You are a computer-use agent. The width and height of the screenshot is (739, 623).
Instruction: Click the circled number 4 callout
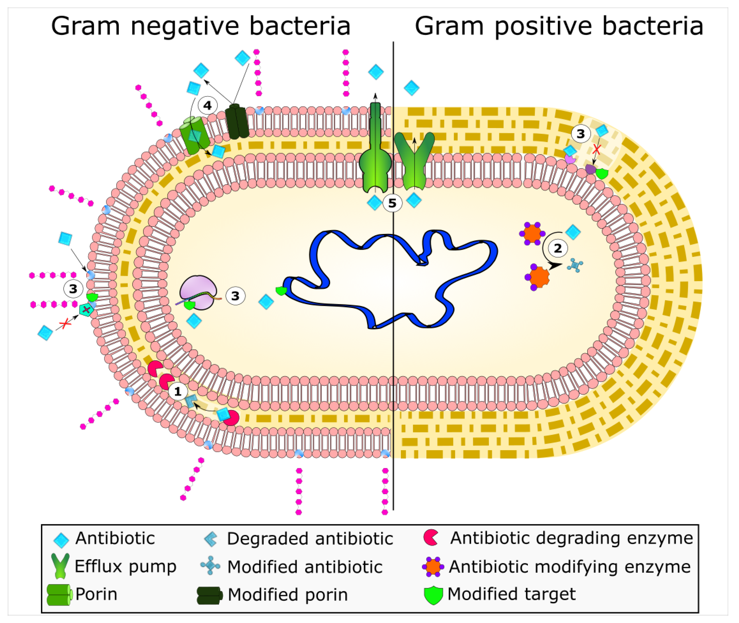tap(207, 105)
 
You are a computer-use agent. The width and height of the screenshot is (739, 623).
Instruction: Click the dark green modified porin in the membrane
tap(237, 121)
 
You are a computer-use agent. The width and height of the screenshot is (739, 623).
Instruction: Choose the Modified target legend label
tap(511, 594)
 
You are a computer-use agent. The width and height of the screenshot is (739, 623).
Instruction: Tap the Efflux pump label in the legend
tap(126, 566)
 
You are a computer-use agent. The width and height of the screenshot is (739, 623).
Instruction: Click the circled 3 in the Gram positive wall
tap(580, 134)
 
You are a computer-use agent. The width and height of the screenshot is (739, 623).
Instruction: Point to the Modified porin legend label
tap(288, 594)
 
